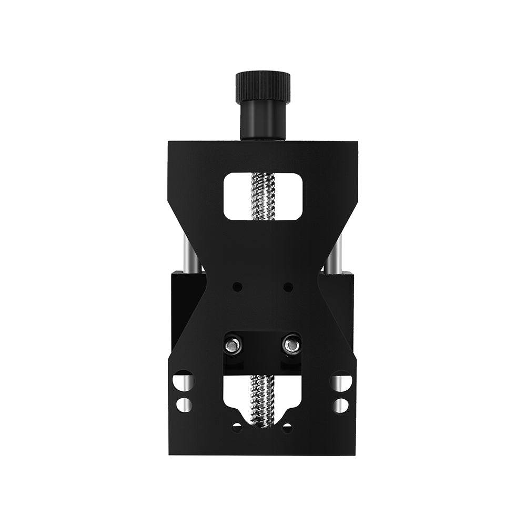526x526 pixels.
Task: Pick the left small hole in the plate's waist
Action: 238,287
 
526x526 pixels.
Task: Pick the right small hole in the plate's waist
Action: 288,287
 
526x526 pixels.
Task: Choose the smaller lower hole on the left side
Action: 184,405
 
